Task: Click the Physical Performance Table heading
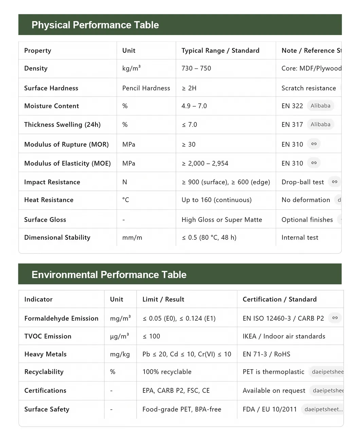point(95,25)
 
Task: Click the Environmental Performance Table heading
point(109,274)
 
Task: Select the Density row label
point(36,68)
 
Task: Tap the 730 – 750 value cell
point(196,68)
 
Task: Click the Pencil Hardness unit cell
point(146,88)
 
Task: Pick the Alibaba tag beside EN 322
point(320,106)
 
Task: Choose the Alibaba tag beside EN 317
point(320,124)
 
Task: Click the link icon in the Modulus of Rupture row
point(314,144)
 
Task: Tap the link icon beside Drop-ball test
point(335,182)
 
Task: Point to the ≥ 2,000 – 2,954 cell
point(205,163)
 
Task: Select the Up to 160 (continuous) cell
point(216,200)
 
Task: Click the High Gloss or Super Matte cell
point(221,220)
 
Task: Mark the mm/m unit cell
point(132,237)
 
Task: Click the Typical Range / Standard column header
point(220,51)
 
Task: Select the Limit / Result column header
point(163,299)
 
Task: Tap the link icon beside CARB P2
point(335,318)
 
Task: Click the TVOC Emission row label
point(48,336)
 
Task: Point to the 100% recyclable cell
point(167,372)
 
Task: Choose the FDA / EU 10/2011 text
point(270,409)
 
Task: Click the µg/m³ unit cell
point(119,336)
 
